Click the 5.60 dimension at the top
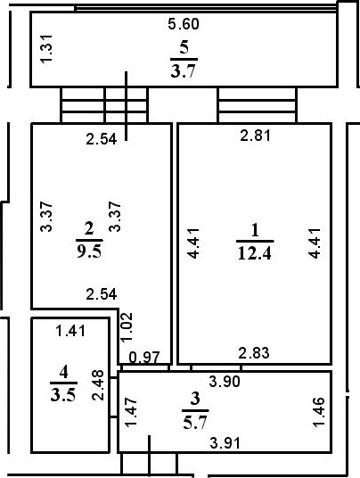(x=182, y=25)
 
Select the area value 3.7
(x=182, y=71)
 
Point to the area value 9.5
(x=89, y=250)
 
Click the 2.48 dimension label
(x=98, y=386)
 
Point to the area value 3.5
(x=62, y=398)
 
